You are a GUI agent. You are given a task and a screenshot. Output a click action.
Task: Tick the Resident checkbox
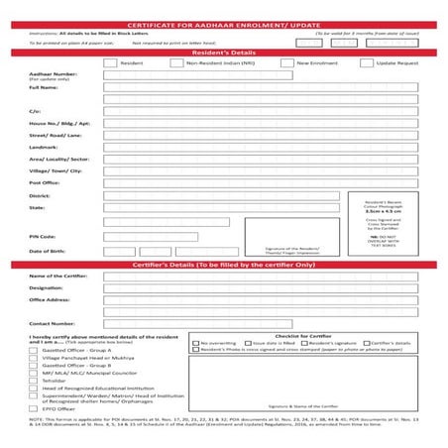tap(110, 62)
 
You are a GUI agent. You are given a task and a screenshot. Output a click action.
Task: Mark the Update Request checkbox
tap(366, 62)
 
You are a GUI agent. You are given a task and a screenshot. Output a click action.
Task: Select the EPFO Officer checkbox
tap(34, 407)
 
